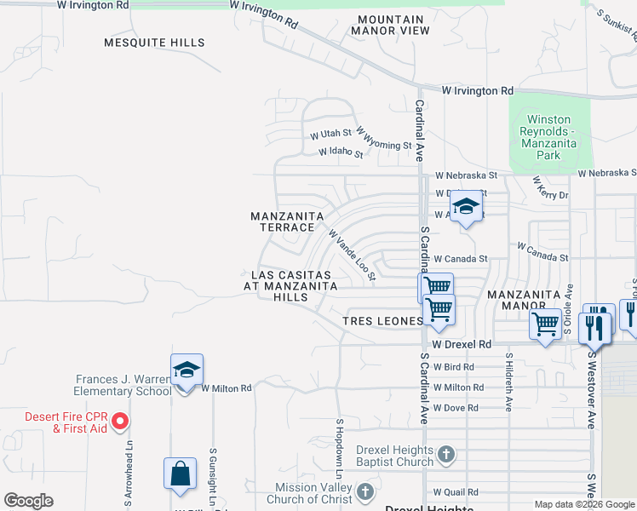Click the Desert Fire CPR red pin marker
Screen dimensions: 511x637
click(x=120, y=421)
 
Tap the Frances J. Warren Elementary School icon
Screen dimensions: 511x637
click(x=187, y=370)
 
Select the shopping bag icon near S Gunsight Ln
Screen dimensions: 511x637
click(x=181, y=474)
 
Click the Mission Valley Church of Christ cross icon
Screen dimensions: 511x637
click(x=365, y=492)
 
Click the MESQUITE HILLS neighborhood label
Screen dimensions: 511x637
click(x=154, y=43)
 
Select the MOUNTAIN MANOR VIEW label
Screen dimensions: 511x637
click(x=392, y=25)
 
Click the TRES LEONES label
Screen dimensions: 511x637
click(x=382, y=321)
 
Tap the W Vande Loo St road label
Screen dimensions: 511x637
click(x=352, y=255)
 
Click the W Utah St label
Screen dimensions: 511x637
click(x=330, y=135)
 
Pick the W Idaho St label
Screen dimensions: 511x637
click(x=341, y=153)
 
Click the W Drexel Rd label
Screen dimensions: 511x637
click(x=462, y=344)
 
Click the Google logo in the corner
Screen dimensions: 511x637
click(x=28, y=501)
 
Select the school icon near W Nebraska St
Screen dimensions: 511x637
click(x=466, y=208)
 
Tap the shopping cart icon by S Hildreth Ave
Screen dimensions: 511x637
click(x=545, y=324)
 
